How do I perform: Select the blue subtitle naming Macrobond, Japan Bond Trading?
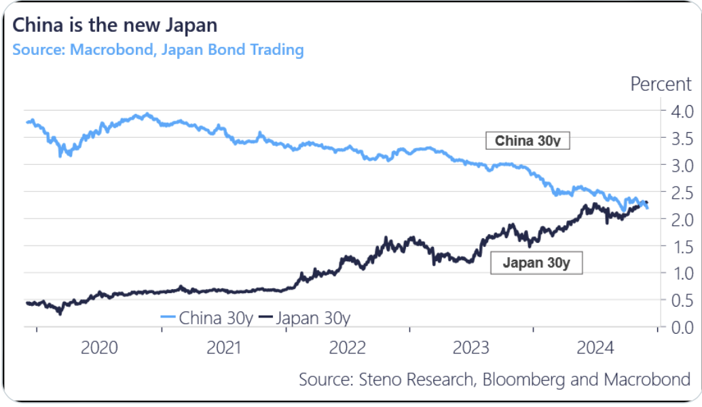click(158, 50)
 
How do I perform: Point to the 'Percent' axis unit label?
click(661, 85)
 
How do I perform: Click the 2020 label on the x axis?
click(99, 349)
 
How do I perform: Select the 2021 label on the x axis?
click(223, 349)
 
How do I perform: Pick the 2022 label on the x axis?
click(347, 349)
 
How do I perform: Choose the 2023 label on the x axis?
click(471, 349)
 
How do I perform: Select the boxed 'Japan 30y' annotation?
click(536, 263)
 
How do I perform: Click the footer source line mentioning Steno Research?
click(494, 379)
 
